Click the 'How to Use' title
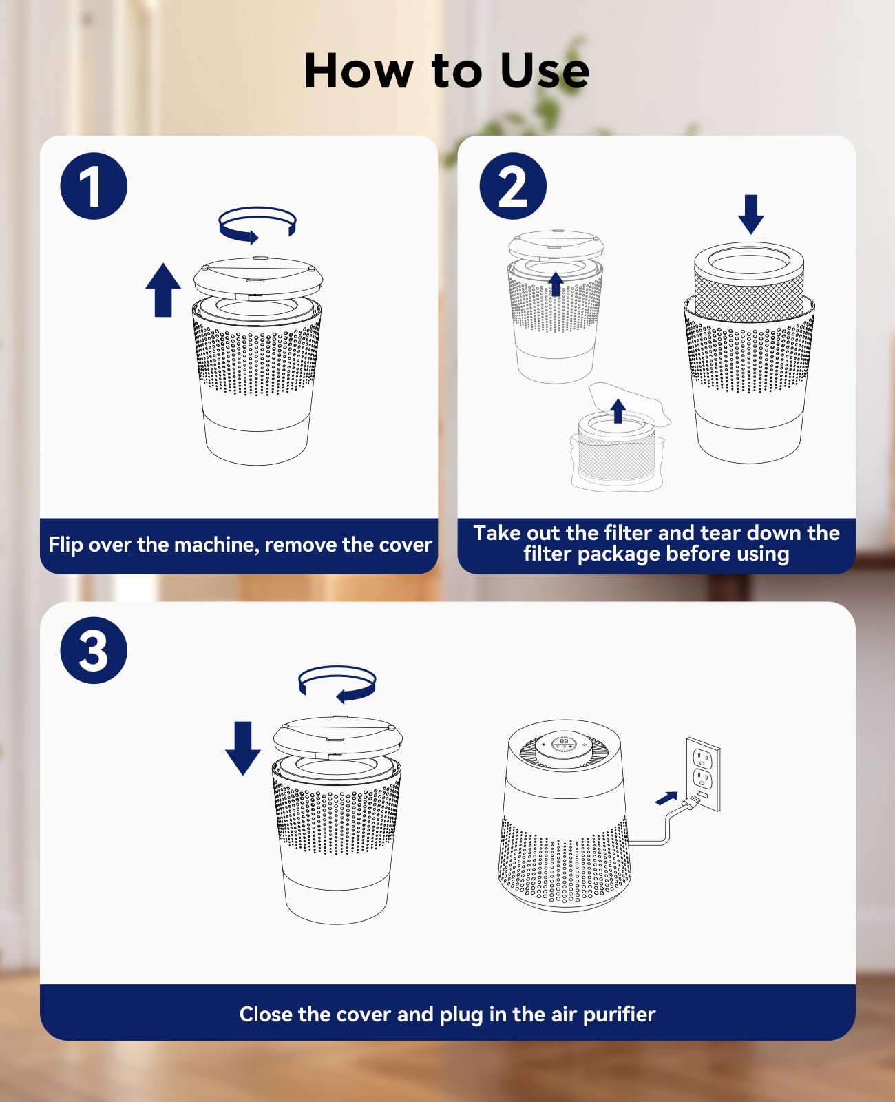click(447, 71)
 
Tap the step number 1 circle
click(94, 186)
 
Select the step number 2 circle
click(513, 186)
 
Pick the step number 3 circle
click(94, 650)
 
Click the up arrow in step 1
click(163, 290)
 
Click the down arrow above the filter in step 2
click(750, 214)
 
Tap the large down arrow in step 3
click(243, 748)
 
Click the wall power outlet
click(703, 775)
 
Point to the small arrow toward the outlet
click(666, 798)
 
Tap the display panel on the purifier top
click(564, 745)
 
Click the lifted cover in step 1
click(258, 278)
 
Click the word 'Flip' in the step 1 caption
click(65, 545)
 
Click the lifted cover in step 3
click(338, 737)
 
